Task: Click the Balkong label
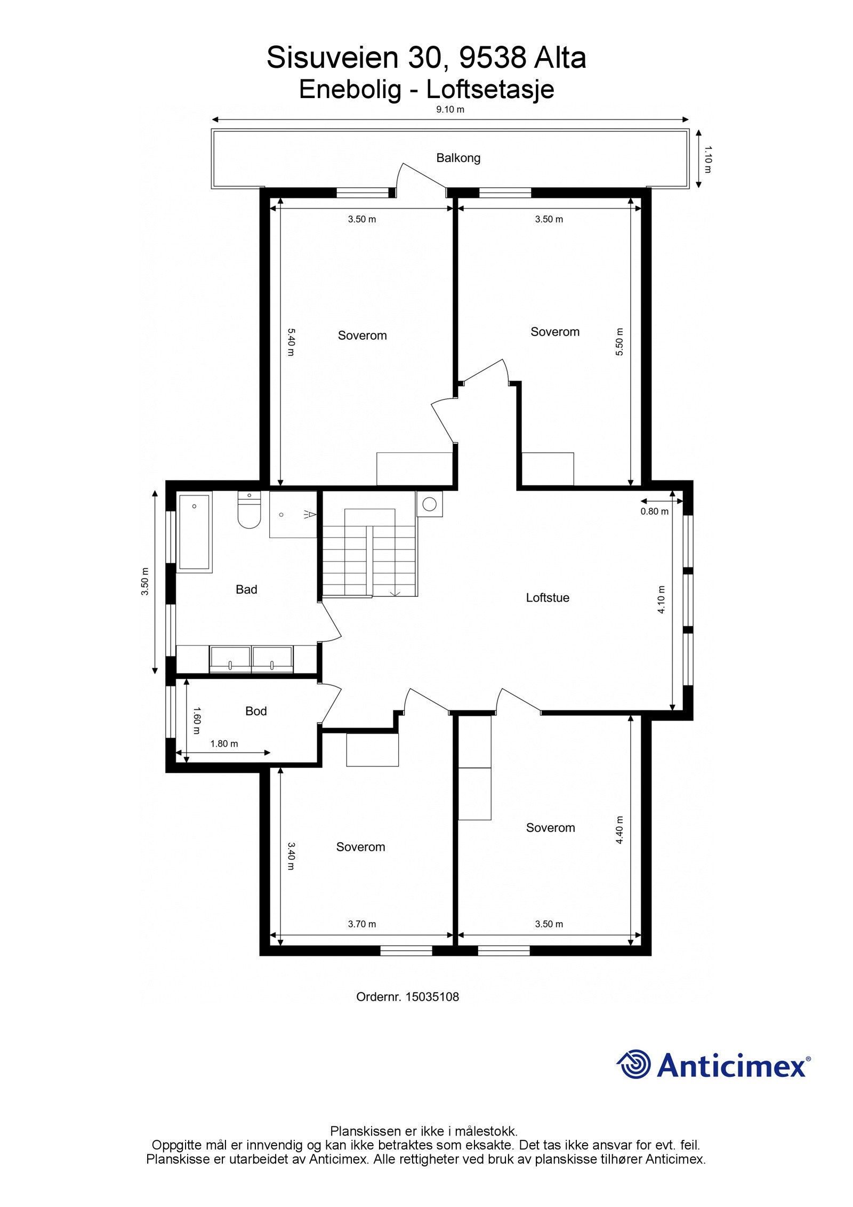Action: (x=458, y=158)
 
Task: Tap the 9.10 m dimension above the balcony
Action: (x=450, y=110)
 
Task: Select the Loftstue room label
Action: (x=547, y=598)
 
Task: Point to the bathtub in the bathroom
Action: (x=195, y=532)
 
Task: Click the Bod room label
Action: (x=255, y=711)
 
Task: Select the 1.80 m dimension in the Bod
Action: (x=224, y=744)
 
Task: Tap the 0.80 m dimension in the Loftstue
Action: (x=654, y=511)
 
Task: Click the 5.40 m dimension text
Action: (x=291, y=342)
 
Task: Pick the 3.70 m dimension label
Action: (x=362, y=924)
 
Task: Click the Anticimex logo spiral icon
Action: (x=634, y=1065)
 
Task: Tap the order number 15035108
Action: (x=432, y=997)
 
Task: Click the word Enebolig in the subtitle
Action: (x=350, y=90)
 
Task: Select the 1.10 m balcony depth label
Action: (x=707, y=159)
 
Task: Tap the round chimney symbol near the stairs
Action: (x=430, y=504)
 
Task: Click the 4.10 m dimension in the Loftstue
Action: (x=662, y=600)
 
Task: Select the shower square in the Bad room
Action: (x=293, y=515)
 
